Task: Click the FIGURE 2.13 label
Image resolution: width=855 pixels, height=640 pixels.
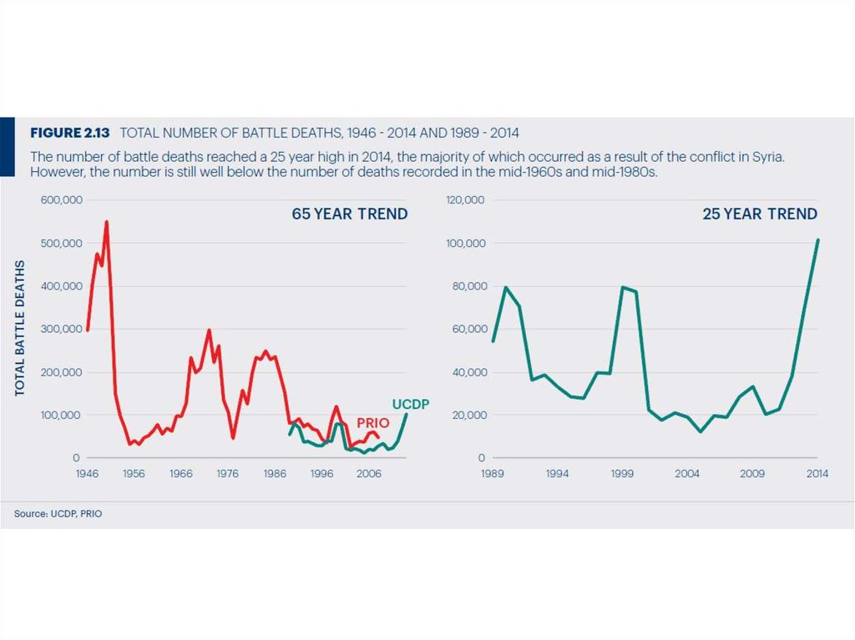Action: click(x=70, y=133)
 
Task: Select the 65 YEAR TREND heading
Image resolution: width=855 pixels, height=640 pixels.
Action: click(x=349, y=214)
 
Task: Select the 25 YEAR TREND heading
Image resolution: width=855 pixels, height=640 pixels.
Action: click(x=759, y=214)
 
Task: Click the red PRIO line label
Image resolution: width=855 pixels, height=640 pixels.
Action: click(x=373, y=424)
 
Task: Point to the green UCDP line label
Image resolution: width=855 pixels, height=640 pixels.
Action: click(x=410, y=405)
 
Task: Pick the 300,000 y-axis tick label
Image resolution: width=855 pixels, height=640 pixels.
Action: click(x=58, y=329)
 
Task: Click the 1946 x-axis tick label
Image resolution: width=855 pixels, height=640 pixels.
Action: click(x=87, y=473)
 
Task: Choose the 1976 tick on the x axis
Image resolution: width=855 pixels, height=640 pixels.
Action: click(x=227, y=473)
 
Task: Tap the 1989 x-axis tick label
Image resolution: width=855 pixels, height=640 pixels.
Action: click(x=493, y=473)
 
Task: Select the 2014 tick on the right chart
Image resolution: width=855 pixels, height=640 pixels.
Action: click(x=817, y=473)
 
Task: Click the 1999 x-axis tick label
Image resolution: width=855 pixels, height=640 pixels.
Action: click(x=622, y=473)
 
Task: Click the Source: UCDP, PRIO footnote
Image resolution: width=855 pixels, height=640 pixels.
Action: click(x=58, y=514)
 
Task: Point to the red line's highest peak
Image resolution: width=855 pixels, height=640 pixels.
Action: click(x=106, y=222)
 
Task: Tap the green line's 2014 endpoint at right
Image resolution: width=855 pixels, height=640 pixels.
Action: click(x=817, y=240)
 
